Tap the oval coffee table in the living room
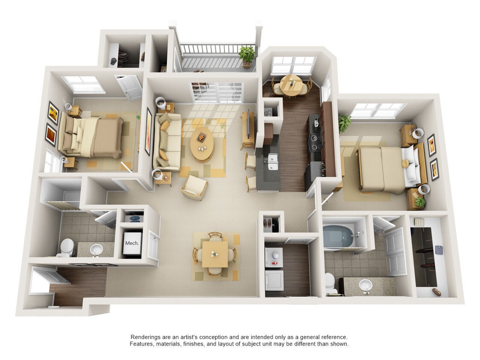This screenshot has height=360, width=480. [x=203, y=144]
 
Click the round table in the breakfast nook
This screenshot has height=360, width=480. [x=292, y=84]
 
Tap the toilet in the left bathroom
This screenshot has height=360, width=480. [x=67, y=247]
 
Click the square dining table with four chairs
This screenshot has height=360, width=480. [x=215, y=253]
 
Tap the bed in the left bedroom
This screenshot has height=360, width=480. [x=92, y=136]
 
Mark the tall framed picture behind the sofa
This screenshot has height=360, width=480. [x=148, y=131]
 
